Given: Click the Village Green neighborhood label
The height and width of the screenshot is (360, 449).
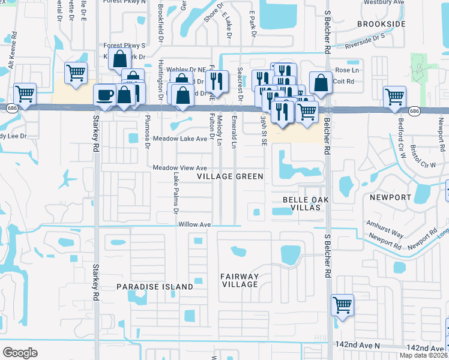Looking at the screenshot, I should [231, 176].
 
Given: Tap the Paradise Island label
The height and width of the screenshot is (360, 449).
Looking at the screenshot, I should [155, 287].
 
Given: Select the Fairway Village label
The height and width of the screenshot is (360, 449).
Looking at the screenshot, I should [239, 280].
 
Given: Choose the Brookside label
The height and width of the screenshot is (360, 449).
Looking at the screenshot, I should [381, 23].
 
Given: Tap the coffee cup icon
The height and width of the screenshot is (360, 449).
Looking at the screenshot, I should [105, 95].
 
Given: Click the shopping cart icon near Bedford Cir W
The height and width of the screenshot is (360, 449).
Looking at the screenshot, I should [394, 96].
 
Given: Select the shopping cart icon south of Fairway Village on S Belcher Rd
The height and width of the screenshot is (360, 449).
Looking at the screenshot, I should [342, 305].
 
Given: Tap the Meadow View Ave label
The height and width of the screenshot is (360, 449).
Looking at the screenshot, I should [179, 168].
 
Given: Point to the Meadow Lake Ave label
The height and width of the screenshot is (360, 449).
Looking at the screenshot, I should [179, 139].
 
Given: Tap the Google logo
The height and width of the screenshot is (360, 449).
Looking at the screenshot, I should [20, 352].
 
